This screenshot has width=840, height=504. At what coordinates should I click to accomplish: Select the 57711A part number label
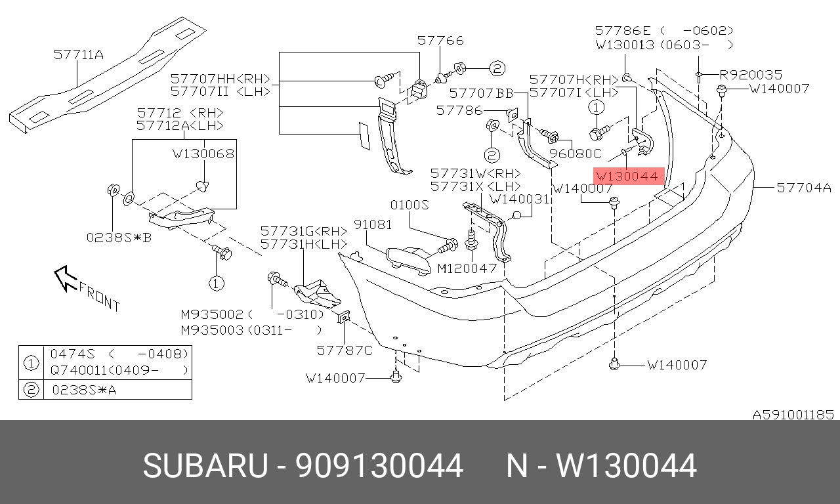pos(79,54)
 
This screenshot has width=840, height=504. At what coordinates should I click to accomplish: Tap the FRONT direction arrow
pos(65,278)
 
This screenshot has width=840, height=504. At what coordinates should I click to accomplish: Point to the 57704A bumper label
pos(804,187)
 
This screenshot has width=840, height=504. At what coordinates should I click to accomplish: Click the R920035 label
pos(751,75)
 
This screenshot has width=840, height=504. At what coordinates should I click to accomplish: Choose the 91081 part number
pos(373,224)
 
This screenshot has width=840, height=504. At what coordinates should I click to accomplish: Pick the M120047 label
pos(467,268)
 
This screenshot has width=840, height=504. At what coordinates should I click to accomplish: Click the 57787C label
pos(345,350)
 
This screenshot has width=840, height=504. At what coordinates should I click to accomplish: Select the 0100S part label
pos(409,205)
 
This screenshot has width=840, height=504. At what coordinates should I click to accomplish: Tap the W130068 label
pos(203,154)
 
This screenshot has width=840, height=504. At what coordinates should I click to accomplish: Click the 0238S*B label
pos(119,238)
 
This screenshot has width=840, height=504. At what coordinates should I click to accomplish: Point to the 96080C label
pos(576,154)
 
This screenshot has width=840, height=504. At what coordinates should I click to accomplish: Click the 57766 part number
pos(440,40)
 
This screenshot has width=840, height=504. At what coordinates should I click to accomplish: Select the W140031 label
pos(519,199)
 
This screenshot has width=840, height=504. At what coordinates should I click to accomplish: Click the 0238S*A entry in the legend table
pos(85,390)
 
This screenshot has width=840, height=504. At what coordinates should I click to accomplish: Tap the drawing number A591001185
pos(793,415)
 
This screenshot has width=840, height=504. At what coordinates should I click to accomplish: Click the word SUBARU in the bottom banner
pos(205,466)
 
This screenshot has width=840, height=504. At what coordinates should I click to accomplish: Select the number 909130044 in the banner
pos(379,466)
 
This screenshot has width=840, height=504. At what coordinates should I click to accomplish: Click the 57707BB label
pos(481,93)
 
